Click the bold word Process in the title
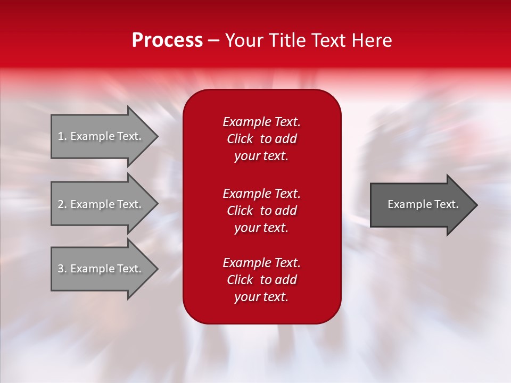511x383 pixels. click(167, 40)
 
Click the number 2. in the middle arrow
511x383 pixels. click(62, 204)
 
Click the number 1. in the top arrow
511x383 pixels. click(62, 136)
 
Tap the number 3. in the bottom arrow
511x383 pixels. click(62, 269)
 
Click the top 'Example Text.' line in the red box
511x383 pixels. click(261, 122)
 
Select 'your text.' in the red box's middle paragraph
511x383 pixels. click(261, 228)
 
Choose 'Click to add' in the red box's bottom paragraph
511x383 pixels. click(261, 280)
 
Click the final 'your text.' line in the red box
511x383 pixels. click(261, 297)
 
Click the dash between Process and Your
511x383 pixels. click(213, 41)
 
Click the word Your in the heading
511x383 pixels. click(243, 40)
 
